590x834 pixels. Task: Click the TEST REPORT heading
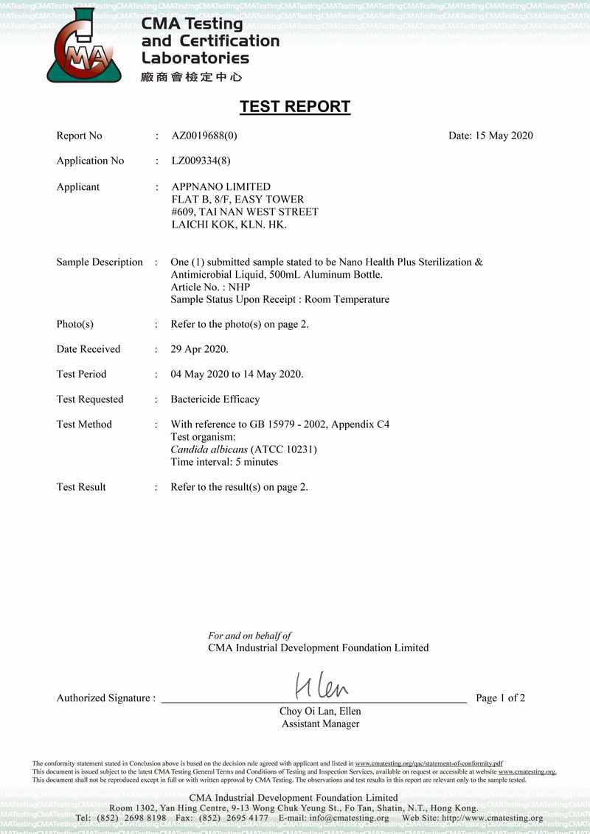[x=294, y=107]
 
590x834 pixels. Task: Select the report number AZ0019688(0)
[x=204, y=136]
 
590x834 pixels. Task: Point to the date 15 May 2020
[x=490, y=136]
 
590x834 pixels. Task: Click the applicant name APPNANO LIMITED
[x=221, y=187]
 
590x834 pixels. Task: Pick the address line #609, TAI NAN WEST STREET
[x=244, y=212]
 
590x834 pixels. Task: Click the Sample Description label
[x=100, y=262]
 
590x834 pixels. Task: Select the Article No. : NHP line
[x=210, y=287]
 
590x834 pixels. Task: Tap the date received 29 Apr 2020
[x=199, y=349]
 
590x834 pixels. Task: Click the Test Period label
[x=81, y=374]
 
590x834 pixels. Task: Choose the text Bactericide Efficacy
[x=215, y=399]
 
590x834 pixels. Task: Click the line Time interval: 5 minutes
[x=224, y=462]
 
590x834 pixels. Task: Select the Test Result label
[x=81, y=487]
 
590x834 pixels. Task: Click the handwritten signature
[x=322, y=688]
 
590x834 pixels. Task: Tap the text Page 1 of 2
[x=500, y=698]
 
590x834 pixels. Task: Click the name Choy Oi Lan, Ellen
[x=320, y=712]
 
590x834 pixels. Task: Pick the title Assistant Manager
[x=320, y=724]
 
